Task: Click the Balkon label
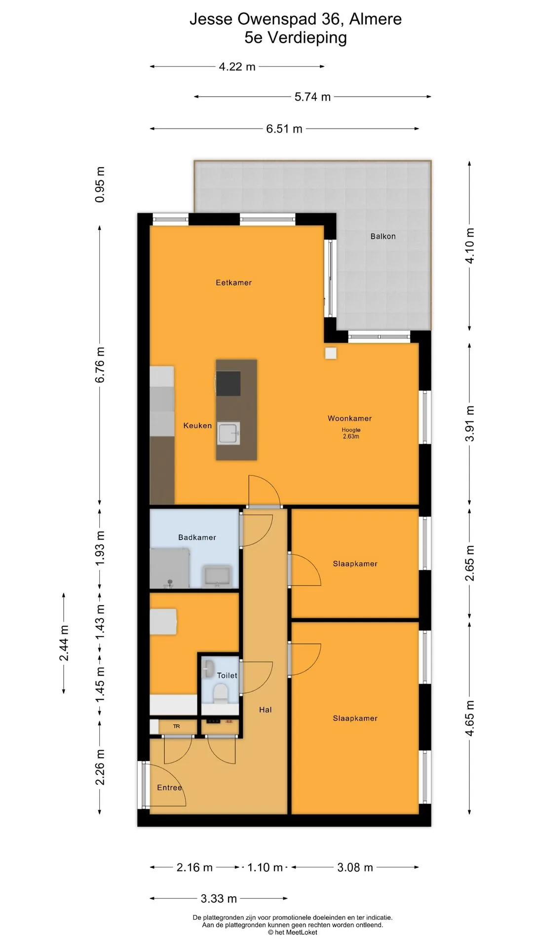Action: pos(383,236)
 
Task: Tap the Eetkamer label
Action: pos(233,283)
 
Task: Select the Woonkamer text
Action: pos(349,418)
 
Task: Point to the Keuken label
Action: pos(197,426)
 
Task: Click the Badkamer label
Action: pos(197,538)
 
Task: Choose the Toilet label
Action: pos(227,676)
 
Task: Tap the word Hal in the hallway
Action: pos(266,710)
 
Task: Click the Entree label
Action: pos(169,788)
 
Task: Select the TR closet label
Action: pos(177,727)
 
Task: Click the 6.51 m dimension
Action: pos(284,129)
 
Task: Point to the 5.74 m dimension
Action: pos(312,97)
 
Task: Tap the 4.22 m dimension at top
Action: pos(237,67)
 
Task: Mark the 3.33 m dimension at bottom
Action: pos(219,899)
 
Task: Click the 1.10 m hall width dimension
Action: pos(265,867)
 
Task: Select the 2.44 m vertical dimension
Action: pos(64,643)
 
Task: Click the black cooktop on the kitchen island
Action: pos(228,383)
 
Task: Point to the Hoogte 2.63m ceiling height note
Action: pos(351,433)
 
